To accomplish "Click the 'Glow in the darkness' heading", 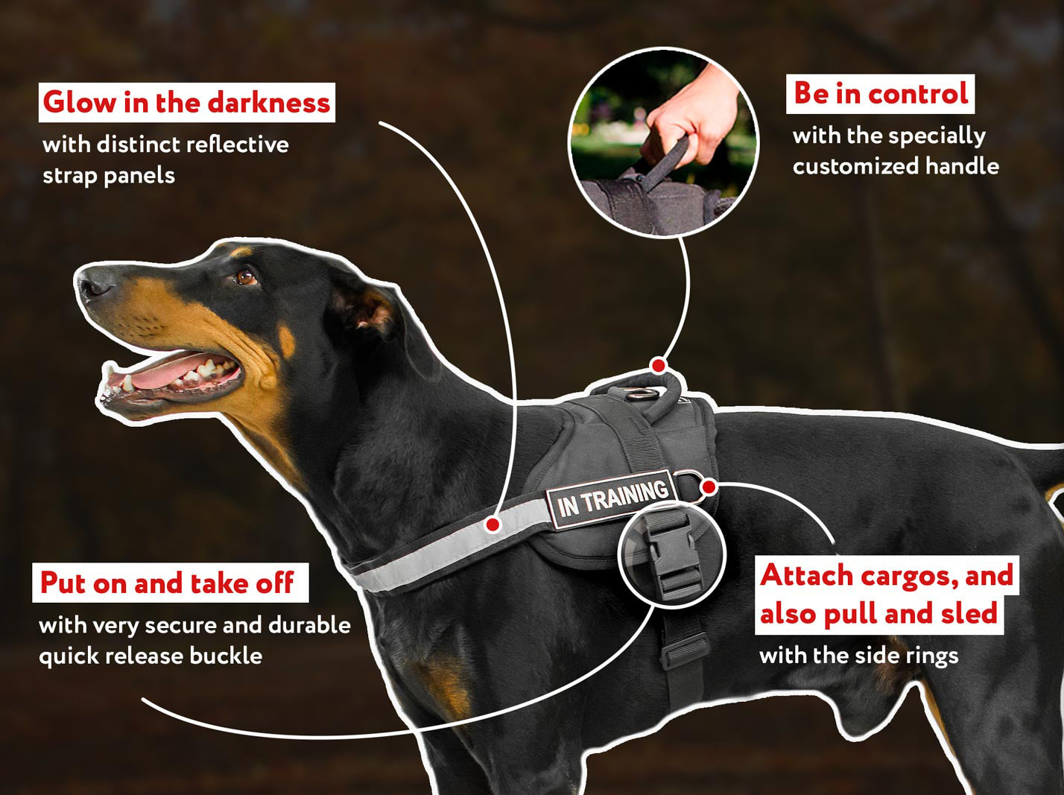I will point(186,102).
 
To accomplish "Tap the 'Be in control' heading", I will point(880,93).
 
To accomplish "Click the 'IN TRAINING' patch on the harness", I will point(612,497).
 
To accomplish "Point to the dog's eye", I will point(247,277).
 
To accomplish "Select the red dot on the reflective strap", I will point(492,525).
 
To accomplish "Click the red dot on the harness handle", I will point(657,365).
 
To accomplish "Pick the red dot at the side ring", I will point(709,487).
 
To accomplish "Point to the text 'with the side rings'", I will point(858,656).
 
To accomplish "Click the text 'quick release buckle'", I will point(151,656).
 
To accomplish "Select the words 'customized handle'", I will point(896,165).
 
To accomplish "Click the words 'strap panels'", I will point(109,176).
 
